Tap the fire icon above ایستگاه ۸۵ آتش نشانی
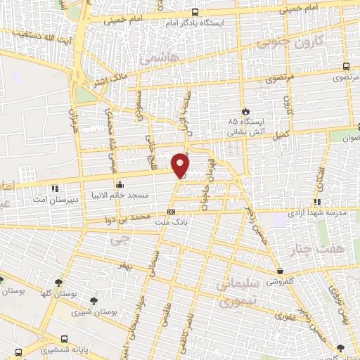click(x=245, y=111)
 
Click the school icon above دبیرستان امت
click(x=56, y=187)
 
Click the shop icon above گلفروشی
click(x=280, y=270)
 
